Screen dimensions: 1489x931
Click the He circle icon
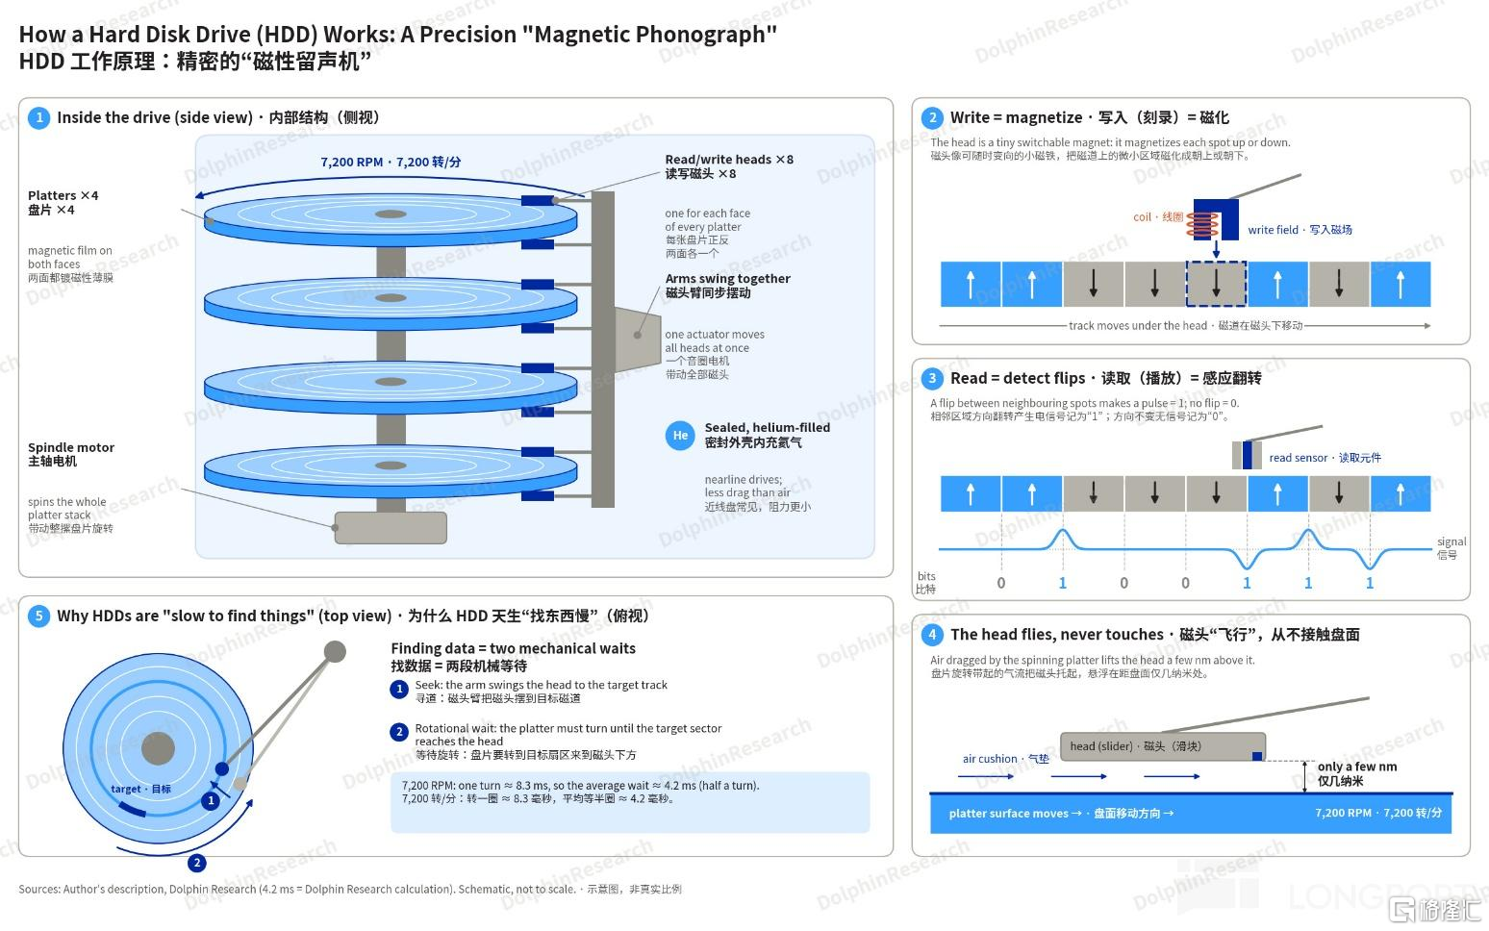[x=679, y=436]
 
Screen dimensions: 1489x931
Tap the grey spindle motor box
[x=391, y=528]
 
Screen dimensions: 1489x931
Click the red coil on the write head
[x=1202, y=225]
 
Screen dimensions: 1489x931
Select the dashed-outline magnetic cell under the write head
[x=1216, y=284]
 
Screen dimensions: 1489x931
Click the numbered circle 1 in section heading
[x=38, y=117]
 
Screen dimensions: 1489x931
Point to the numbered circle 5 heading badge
[x=38, y=616]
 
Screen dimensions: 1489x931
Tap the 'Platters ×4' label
[x=63, y=195]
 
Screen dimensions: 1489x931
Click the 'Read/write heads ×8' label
[x=729, y=160]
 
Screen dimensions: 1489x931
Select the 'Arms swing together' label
[x=728, y=279]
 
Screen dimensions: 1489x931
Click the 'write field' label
[x=1273, y=230]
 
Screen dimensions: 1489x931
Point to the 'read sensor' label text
[x=1298, y=458]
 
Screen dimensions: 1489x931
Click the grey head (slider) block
[x=1163, y=746]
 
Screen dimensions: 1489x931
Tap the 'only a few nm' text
[x=1357, y=767]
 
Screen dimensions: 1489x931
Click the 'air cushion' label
[x=989, y=759]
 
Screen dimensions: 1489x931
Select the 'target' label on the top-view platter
[x=126, y=789]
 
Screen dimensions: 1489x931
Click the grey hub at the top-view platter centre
[x=158, y=749]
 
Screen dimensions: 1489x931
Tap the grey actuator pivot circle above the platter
[x=335, y=651]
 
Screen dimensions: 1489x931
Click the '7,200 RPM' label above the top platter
[x=352, y=163]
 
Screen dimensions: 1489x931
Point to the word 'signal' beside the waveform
[x=1451, y=541]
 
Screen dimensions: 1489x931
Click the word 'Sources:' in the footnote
[x=39, y=889]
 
